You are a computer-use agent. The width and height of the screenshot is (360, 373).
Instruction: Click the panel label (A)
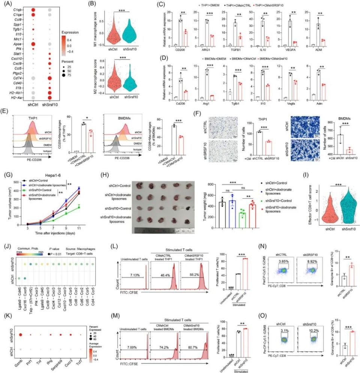9,5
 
